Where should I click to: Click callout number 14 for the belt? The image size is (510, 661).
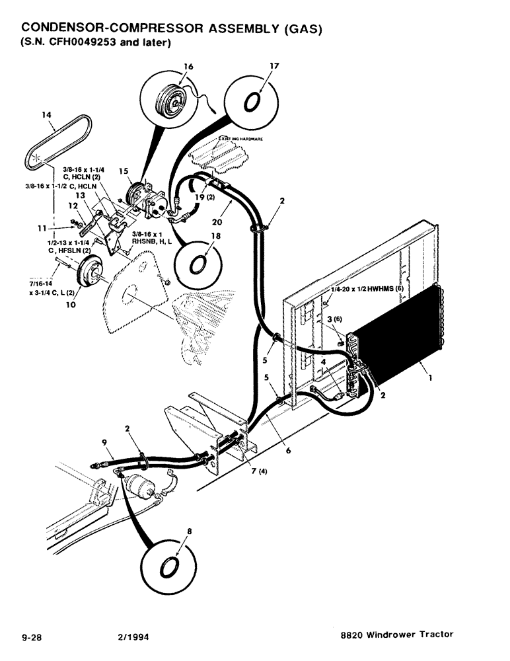tap(46, 114)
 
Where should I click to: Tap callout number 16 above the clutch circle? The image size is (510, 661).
tap(188, 67)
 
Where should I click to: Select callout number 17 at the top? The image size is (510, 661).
tap(275, 67)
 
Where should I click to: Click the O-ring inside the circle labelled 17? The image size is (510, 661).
tap(254, 102)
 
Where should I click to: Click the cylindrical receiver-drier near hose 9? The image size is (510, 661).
tap(141, 490)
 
